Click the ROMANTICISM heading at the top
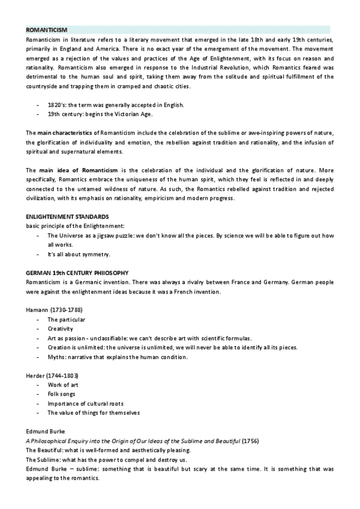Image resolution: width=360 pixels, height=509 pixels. click(x=47, y=29)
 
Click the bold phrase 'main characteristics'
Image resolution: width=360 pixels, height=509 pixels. click(x=64, y=132)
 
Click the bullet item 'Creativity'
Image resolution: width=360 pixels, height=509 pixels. click(x=61, y=329)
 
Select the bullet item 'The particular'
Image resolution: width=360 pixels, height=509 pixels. click(x=67, y=320)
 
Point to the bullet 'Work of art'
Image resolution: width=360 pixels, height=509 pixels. click(x=63, y=385)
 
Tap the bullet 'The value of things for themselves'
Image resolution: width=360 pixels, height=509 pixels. click(x=93, y=413)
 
